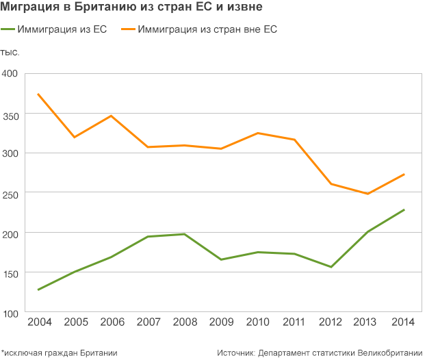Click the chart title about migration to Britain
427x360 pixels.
point(131,7)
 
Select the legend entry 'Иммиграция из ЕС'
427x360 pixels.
point(53,29)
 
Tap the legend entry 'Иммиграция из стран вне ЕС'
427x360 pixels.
point(199,29)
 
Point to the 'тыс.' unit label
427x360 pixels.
point(10,52)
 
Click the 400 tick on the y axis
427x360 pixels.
point(10,73)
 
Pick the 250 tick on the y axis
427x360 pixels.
point(10,195)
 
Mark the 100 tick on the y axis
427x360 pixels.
point(10,314)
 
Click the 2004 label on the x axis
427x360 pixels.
point(40,322)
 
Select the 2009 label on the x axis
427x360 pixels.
point(222,322)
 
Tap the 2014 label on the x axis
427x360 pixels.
point(403,322)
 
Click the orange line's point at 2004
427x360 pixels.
point(38,94)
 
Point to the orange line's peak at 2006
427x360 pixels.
point(111,116)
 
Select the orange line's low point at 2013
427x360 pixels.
point(367,194)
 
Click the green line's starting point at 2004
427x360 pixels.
point(38,290)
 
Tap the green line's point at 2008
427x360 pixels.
point(184,234)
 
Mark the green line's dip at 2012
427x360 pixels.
point(331,267)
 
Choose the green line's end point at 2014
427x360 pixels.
point(404,210)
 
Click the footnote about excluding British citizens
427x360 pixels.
point(59,353)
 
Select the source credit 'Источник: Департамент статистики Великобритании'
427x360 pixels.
point(320,353)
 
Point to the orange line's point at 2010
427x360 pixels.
point(257,133)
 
